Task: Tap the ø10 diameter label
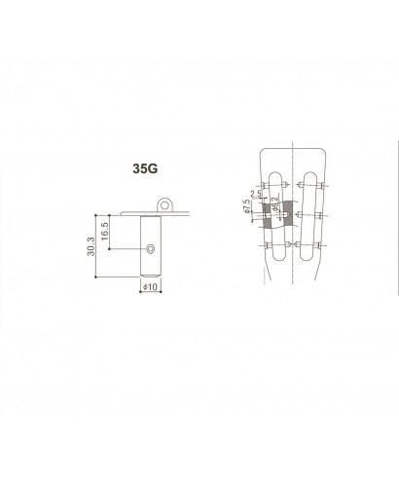pos(151,287)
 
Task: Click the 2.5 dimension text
pos(256,195)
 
